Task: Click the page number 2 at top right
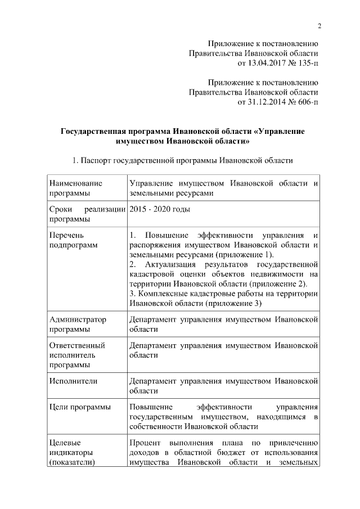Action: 319,26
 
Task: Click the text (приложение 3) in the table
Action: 233,304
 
